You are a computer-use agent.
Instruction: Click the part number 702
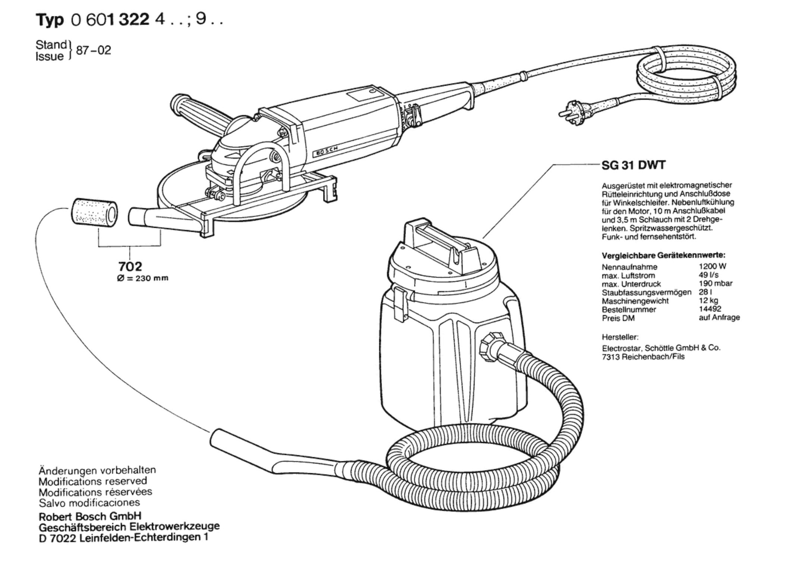(130, 266)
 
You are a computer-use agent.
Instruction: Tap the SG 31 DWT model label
(633, 165)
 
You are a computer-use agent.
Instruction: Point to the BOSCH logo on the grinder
(325, 151)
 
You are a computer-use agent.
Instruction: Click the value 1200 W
(712, 266)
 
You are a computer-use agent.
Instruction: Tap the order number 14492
(710, 309)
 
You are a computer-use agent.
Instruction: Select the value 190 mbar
(715, 284)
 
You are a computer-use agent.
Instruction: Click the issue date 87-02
(93, 50)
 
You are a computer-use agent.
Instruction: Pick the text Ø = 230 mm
(142, 278)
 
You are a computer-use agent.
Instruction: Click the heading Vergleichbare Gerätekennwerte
(663, 256)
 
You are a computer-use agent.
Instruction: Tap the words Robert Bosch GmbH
(90, 516)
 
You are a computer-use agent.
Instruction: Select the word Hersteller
(620, 337)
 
